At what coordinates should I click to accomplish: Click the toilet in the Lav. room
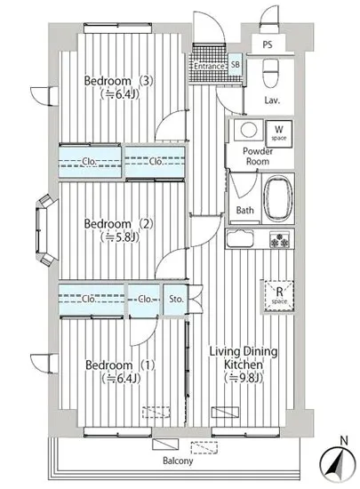point(270,73)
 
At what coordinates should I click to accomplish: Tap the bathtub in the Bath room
point(278,197)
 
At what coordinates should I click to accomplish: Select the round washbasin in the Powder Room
point(248,129)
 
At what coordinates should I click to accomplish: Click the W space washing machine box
point(278,132)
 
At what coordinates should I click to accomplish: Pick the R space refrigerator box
point(279,296)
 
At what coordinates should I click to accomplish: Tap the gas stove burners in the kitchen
point(280,240)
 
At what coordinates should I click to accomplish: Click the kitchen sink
point(240,238)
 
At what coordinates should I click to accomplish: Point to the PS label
point(268,44)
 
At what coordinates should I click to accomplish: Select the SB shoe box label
point(236,64)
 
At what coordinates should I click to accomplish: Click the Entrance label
point(209,66)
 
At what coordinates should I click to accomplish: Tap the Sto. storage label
point(176,299)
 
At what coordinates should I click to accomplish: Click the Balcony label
point(178,461)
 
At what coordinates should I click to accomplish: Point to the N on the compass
point(343,441)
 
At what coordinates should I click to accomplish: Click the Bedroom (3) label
point(119,81)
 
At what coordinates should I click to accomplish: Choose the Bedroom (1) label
point(120,365)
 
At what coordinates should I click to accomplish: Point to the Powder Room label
point(258,156)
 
